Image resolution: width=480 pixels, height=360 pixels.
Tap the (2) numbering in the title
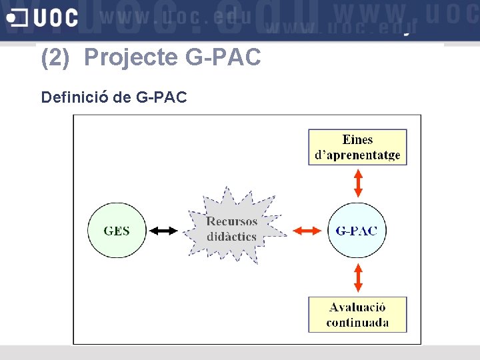click(x=55, y=59)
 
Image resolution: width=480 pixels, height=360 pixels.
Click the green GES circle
click(x=117, y=231)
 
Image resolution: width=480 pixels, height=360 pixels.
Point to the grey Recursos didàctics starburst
click(x=231, y=229)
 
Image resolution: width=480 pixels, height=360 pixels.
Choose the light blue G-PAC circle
click(x=356, y=231)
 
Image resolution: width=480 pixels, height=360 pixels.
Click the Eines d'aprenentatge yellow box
click(x=357, y=147)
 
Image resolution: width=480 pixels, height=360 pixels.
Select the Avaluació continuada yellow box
click(x=357, y=315)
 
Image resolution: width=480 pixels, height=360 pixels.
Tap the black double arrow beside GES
click(x=163, y=231)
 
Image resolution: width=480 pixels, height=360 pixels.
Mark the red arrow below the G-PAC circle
click(x=358, y=278)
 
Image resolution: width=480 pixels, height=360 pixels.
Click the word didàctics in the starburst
click(x=231, y=237)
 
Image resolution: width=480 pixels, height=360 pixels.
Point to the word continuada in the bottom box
click(x=357, y=323)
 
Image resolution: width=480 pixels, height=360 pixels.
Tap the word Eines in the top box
click(x=357, y=139)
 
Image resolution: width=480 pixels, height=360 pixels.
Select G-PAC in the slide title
click(x=223, y=59)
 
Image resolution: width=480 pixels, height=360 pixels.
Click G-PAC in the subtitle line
click(x=161, y=97)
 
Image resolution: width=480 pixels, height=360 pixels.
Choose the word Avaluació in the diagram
click(x=357, y=307)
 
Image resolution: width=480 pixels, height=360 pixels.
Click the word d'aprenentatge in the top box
click(x=357, y=155)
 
